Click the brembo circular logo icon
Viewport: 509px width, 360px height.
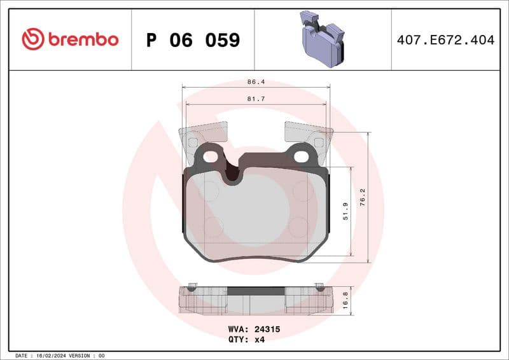point(32,39)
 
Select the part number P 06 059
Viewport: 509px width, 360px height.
point(193,40)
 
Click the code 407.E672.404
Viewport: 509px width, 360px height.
point(445,40)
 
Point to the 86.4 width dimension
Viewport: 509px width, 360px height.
point(256,82)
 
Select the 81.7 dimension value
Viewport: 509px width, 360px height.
point(256,99)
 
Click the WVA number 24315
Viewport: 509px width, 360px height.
point(268,329)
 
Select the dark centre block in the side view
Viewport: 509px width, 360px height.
point(256,291)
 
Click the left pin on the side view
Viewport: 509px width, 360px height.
point(193,285)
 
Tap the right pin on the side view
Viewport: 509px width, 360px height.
point(319,285)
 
